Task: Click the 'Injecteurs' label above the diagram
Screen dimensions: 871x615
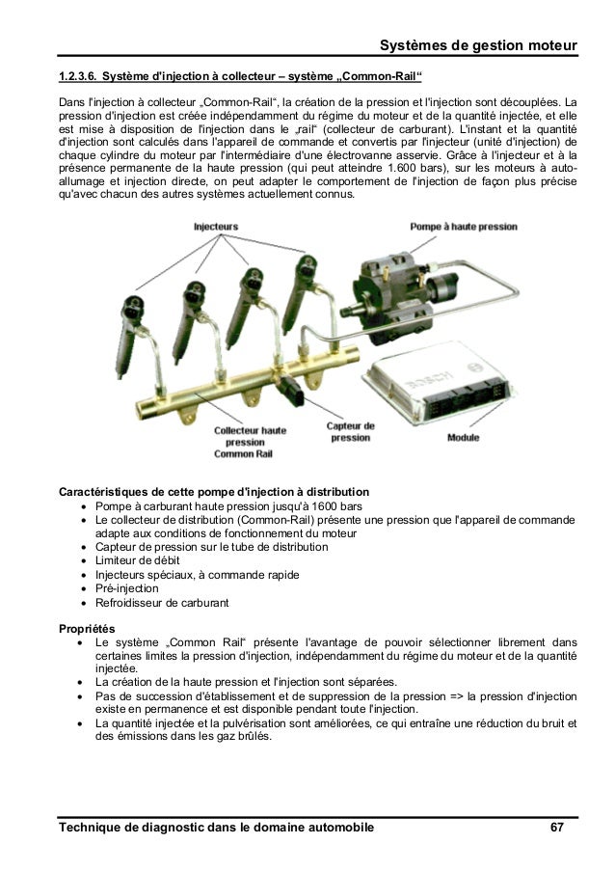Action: (x=216, y=228)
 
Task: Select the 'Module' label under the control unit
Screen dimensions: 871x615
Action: (x=463, y=437)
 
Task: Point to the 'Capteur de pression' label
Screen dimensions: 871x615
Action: (x=351, y=431)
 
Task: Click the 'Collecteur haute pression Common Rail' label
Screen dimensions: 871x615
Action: (x=250, y=441)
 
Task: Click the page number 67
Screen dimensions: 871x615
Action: (x=557, y=829)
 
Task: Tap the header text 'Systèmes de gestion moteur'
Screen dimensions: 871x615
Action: (x=478, y=45)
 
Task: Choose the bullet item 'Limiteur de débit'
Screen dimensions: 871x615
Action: (x=137, y=560)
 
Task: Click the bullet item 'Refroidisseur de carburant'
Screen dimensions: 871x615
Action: (x=162, y=603)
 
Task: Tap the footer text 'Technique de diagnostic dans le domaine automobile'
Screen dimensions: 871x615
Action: (x=216, y=829)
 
